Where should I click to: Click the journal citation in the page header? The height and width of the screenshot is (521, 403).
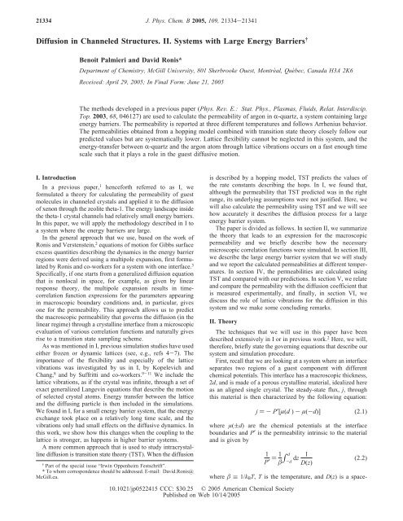tap(202, 12)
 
